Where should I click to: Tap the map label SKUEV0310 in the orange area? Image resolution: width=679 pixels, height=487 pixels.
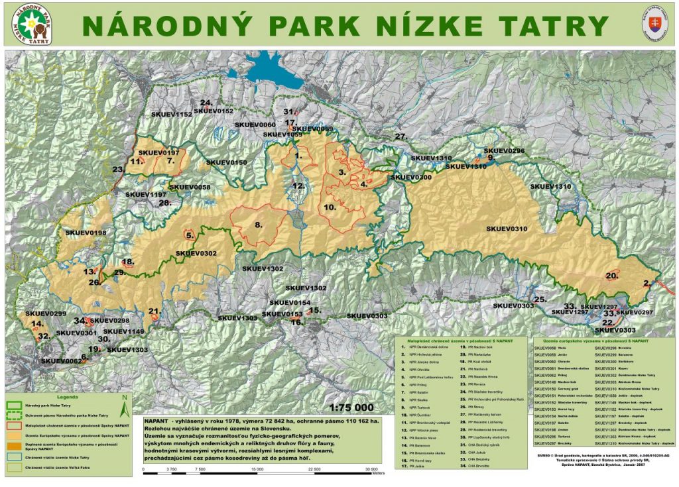[507, 229]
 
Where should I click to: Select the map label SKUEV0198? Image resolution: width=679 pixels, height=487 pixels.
[86, 233]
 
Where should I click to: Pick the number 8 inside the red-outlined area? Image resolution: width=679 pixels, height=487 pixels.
[258, 225]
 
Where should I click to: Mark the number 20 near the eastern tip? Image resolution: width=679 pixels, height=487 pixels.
[611, 276]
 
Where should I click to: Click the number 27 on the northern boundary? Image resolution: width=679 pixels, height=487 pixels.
[401, 136]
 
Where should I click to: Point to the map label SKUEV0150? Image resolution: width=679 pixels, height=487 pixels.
[226, 162]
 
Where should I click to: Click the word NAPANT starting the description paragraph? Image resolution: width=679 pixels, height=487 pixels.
[156, 421]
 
